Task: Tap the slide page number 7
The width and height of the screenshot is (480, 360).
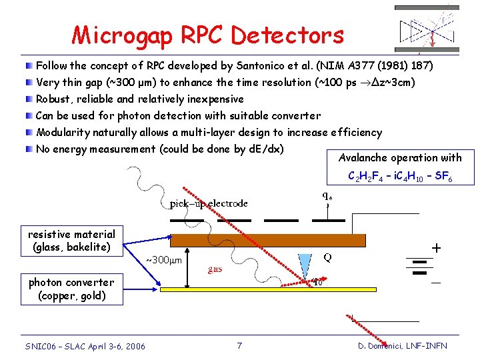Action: pos(239,345)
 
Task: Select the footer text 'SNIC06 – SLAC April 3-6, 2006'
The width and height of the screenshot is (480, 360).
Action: pos(85,345)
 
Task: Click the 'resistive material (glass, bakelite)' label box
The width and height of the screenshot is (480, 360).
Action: pos(71,241)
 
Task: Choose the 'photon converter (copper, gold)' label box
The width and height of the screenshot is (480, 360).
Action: pos(71,289)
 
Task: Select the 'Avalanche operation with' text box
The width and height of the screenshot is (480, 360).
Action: pos(400,158)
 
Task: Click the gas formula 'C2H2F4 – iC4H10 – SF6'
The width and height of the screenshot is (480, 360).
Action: pos(400,177)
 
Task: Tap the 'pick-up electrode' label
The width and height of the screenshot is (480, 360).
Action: pos(209,203)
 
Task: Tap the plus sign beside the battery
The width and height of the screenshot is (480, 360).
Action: pos(436,247)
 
